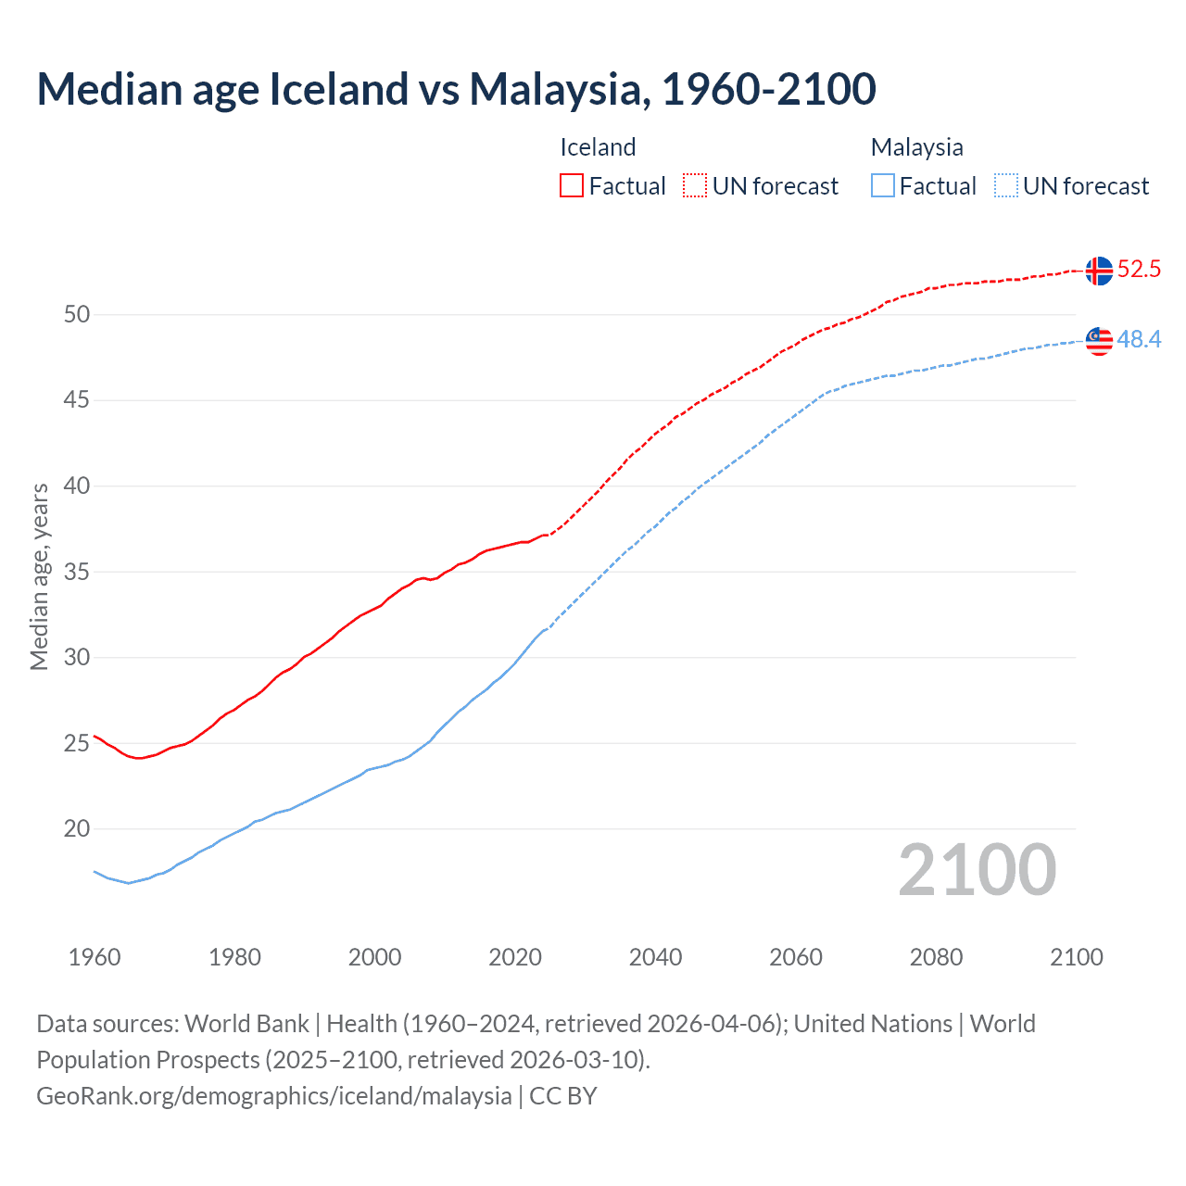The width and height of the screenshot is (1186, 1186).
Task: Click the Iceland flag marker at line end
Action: (x=1099, y=271)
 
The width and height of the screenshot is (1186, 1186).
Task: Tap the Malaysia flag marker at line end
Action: (x=1099, y=341)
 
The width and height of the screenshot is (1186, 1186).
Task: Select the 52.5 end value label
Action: (x=1139, y=270)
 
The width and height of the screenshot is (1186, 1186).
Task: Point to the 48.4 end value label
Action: (x=1139, y=340)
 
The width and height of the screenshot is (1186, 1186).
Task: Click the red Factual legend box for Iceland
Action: (x=572, y=186)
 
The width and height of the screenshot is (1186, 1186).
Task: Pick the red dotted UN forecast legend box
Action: (x=695, y=186)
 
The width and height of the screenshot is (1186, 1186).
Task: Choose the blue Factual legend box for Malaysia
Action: (x=883, y=186)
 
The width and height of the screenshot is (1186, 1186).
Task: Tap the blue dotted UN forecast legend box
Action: (x=1006, y=186)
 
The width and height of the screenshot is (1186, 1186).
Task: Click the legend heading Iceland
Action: (x=598, y=147)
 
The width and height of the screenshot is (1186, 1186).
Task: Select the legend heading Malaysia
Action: (x=916, y=147)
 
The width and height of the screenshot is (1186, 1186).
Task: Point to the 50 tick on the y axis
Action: (x=77, y=314)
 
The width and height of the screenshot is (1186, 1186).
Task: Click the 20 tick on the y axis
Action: (x=77, y=828)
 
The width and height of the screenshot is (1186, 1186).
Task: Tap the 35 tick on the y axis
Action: (x=77, y=572)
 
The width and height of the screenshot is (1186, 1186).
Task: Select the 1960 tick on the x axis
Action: (x=95, y=957)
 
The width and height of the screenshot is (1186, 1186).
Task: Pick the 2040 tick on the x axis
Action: (x=655, y=957)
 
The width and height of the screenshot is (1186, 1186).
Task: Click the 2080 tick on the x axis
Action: (x=936, y=957)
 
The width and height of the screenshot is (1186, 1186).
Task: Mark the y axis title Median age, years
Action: (x=39, y=576)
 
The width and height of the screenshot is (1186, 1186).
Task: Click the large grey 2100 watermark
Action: (x=977, y=870)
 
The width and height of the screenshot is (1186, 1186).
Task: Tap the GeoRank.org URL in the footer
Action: (x=274, y=1096)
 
